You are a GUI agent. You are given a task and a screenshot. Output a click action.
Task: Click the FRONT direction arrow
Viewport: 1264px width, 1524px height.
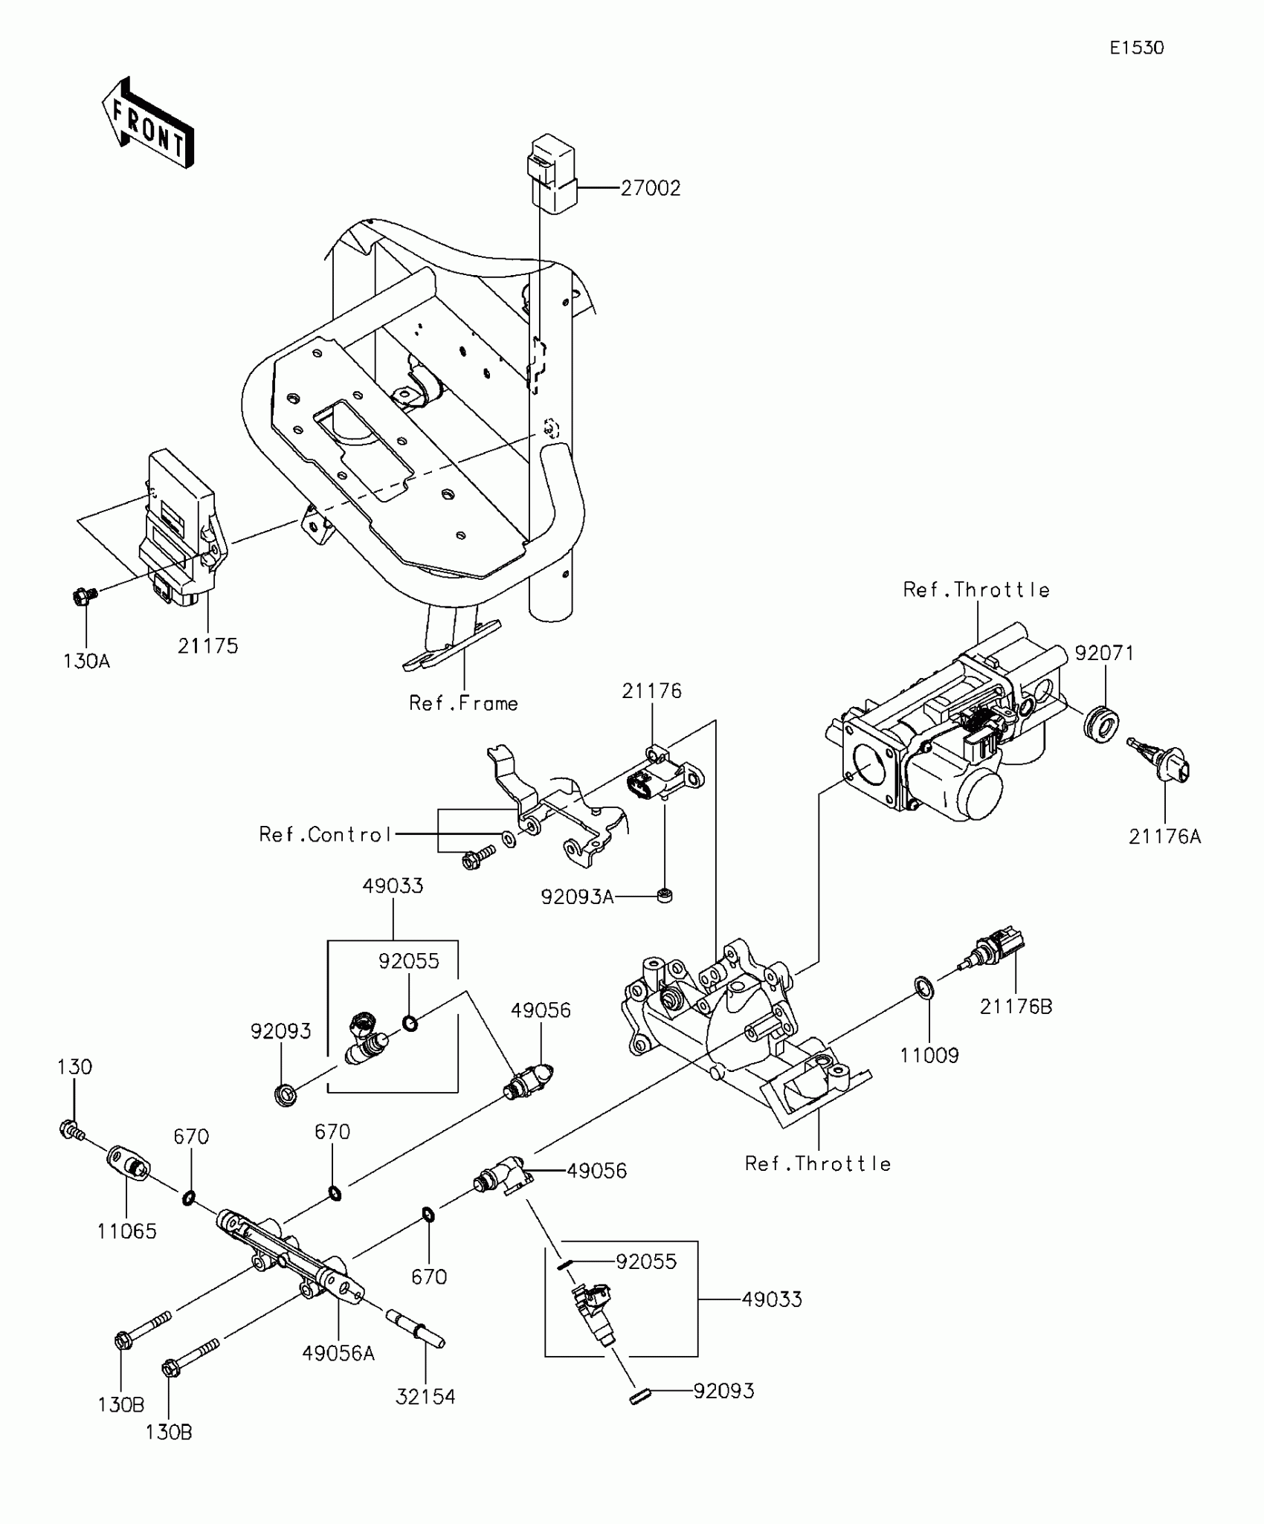148,123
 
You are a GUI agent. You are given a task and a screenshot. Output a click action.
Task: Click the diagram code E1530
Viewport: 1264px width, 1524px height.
1137,48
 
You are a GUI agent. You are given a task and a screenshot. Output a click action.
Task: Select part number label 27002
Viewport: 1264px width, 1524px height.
651,189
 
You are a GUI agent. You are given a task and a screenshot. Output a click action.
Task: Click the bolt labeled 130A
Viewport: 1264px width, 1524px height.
83,595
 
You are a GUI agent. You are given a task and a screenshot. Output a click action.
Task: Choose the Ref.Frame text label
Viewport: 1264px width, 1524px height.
464,703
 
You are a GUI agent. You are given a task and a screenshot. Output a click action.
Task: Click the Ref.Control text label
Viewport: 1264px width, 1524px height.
325,835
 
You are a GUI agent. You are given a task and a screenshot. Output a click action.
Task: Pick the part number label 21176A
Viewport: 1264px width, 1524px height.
1165,837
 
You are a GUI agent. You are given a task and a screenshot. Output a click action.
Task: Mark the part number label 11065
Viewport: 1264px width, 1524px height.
127,1232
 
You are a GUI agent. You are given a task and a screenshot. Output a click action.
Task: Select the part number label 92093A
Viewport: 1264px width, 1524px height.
578,898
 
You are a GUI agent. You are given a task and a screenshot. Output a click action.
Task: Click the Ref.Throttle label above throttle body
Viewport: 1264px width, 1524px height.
976,590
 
